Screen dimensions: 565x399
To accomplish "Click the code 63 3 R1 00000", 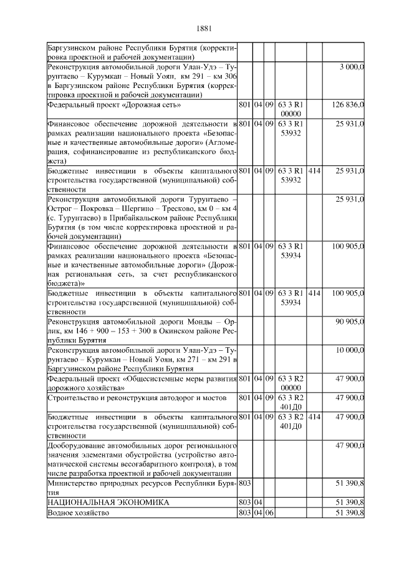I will tap(291, 109).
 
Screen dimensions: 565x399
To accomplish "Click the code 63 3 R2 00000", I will tap(291, 383).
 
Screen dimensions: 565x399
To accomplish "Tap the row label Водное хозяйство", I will tap(79, 513).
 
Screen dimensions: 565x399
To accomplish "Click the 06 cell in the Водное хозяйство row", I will tap(269, 513).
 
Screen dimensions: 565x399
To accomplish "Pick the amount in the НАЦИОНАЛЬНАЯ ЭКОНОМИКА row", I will tap(349, 502).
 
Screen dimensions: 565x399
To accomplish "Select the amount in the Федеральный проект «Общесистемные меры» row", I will tap(349, 378).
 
